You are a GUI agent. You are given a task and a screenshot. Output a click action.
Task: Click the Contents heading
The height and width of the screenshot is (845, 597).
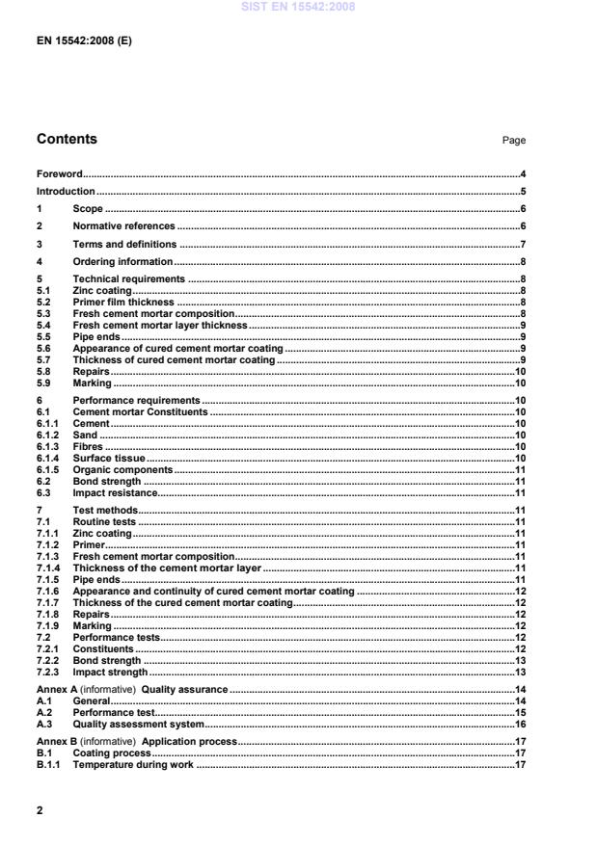(x=67, y=139)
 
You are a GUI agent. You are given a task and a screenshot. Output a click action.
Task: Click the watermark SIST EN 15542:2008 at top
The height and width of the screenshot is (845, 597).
(x=298, y=7)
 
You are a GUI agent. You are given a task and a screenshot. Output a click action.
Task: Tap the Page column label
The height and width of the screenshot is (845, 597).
(x=513, y=141)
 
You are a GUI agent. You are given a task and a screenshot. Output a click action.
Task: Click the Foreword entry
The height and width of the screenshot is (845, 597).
(x=59, y=174)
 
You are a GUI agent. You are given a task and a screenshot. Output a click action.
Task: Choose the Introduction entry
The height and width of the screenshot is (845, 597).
(x=66, y=192)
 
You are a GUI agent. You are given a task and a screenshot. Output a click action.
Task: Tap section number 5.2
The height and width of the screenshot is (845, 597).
(x=43, y=302)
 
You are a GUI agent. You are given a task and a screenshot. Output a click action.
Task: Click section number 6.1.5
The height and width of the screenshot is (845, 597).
(x=47, y=470)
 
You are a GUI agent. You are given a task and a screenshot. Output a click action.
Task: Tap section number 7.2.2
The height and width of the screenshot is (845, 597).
(x=47, y=661)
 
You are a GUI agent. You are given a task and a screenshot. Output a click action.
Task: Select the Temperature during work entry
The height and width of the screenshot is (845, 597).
(x=133, y=765)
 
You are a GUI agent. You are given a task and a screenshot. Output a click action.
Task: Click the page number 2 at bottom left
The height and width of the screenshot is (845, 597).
(x=40, y=810)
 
